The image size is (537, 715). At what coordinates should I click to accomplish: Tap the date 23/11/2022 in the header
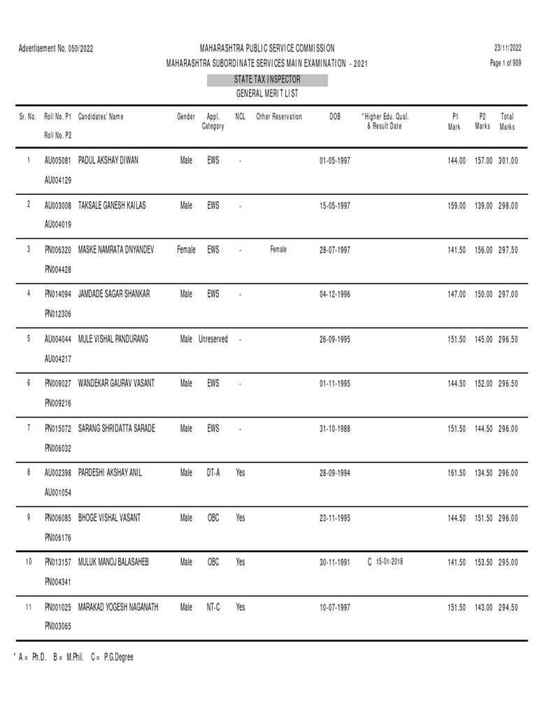[507, 48]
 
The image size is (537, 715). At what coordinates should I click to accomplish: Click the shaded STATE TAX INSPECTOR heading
[268, 80]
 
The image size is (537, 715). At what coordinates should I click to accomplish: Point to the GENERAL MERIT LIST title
[268, 94]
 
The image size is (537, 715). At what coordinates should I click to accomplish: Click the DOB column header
[335, 117]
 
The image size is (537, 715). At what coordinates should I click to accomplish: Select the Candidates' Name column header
[101, 117]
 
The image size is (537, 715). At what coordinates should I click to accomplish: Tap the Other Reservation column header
[279, 117]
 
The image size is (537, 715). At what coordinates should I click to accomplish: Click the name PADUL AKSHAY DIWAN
[108, 161]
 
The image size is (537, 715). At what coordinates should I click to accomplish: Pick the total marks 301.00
[508, 161]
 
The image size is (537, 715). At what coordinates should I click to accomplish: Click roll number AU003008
[58, 205]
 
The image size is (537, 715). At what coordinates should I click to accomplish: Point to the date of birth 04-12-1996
[335, 295]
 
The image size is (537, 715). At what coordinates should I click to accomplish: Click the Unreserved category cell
[213, 339]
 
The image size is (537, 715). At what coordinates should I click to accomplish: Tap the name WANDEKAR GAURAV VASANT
[116, 384]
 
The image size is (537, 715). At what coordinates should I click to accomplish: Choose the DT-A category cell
[213, 473]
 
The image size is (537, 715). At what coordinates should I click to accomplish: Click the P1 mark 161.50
[457, 473]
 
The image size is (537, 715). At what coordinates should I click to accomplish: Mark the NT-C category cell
[213, 607]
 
